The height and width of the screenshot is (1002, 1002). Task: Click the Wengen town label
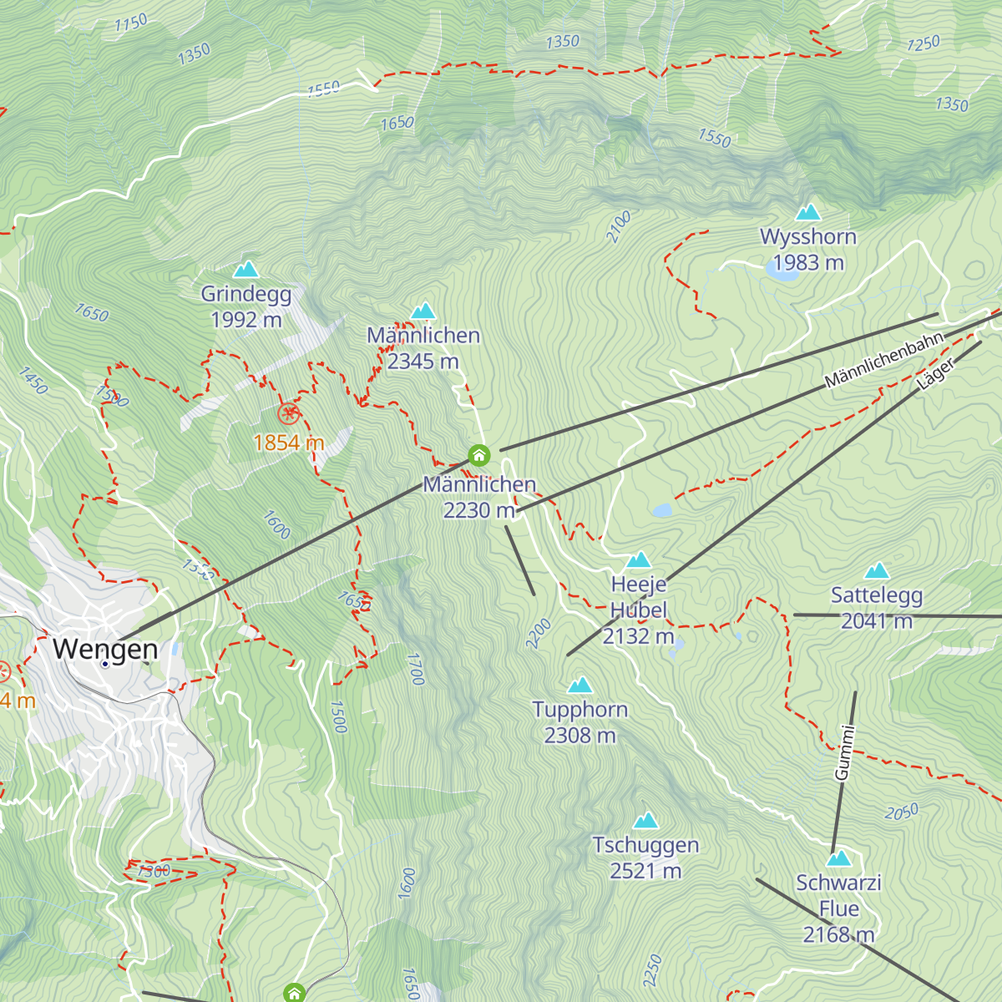105,649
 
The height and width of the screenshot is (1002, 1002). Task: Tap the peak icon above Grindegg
245,269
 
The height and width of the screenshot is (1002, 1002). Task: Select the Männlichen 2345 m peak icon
423,311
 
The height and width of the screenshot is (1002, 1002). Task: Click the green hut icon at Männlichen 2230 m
478,455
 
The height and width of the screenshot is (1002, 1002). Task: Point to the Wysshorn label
807,237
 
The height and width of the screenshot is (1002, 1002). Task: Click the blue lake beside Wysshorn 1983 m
782,267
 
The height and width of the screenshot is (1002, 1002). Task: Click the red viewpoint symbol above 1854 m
288,412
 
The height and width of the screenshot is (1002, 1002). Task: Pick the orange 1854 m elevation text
288,443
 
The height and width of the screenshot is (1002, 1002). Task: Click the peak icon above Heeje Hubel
639,559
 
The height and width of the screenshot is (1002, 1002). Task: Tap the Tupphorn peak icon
579,686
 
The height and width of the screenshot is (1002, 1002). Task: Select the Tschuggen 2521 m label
645,858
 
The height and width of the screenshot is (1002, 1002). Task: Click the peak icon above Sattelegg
877,571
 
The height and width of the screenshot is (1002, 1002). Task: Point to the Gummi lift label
845,753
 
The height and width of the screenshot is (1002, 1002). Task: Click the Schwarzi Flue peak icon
838,858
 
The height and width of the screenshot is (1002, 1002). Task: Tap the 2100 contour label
618,227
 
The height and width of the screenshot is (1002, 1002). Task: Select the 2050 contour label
902,812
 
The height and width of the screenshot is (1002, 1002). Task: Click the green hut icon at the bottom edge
293,993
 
